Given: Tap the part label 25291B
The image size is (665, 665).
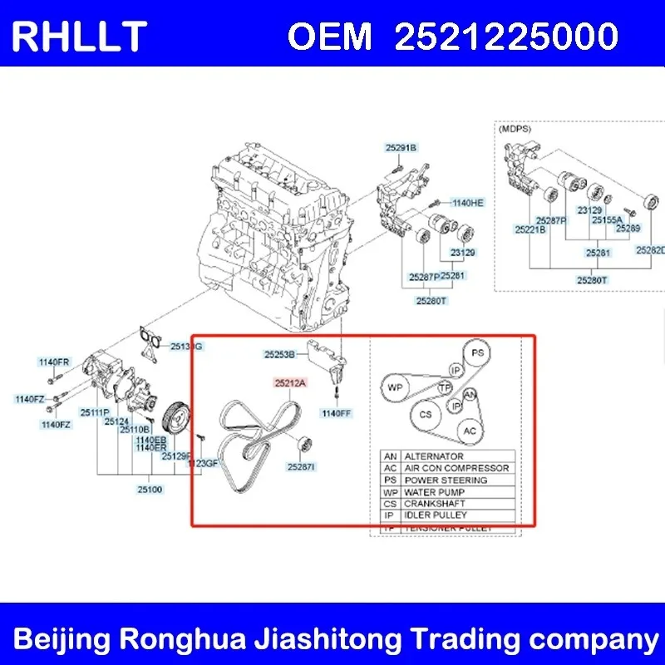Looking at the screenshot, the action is [x=400, y=148].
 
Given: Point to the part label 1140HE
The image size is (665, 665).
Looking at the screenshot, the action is [x=467, y=202].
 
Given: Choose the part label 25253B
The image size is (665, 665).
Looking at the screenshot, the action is [x=280, y=354].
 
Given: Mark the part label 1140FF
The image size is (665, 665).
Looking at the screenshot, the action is [x=336, y=412].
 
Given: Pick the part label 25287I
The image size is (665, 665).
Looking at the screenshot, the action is [x=301, y=467].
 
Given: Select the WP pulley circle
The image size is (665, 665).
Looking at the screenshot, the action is [x=396, y=388].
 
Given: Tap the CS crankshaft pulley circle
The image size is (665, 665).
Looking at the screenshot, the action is [x=426, y=413].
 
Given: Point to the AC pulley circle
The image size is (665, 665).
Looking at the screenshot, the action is [x=470, y=431].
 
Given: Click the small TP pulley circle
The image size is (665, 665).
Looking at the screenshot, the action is [x=446, y=388].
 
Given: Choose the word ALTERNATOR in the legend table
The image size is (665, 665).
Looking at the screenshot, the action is [x=434, y=456].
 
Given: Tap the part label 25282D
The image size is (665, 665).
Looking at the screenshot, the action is [x=651, y=249].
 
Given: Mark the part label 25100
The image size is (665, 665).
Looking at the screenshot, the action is [x=150, y=489].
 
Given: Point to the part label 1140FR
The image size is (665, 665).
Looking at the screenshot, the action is [x=54, y=362].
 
